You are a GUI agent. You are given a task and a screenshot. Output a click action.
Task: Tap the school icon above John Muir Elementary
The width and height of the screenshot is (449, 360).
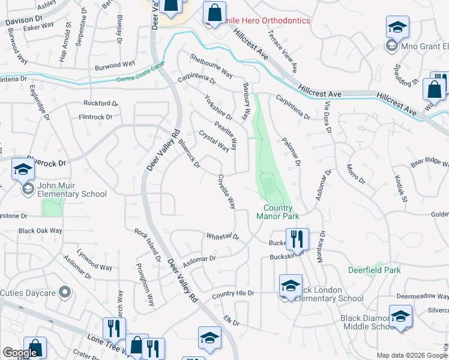click(23, 170)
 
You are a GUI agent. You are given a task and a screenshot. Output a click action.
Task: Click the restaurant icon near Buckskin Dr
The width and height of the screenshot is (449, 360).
click(297, 238)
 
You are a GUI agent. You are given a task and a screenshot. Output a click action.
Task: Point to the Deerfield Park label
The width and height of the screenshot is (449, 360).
click(376, 270)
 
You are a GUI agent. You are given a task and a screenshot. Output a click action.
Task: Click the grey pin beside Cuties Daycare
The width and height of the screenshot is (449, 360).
click(65, 293)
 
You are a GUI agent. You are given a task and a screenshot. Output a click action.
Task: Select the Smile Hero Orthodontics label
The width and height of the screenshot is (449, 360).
click(262, 21)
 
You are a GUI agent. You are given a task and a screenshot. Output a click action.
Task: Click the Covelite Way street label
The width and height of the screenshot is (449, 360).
click(226, 191)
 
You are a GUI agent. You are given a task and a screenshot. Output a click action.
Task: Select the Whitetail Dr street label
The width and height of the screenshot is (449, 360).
click(223, 237)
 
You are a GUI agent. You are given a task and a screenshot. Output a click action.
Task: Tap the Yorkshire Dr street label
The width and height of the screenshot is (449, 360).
click(217, 106)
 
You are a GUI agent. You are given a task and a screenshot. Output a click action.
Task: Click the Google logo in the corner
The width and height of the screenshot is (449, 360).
click(19, 353)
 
